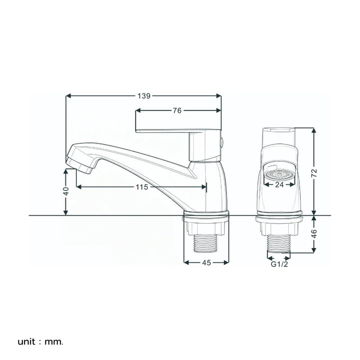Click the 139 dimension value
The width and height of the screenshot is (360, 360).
[144, 96]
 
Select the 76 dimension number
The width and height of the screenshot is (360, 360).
[177, 111]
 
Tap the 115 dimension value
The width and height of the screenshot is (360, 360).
[142, 187]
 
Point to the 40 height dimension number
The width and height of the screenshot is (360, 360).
[66, 191]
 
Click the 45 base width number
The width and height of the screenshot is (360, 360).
[206, 263]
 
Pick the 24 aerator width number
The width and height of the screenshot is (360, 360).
[279, 185]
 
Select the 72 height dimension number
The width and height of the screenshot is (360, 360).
[314, 173]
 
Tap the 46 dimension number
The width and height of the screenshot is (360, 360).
[314, 234]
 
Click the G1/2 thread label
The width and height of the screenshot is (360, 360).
[279, 264]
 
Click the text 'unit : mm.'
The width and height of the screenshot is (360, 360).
[40, 342]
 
